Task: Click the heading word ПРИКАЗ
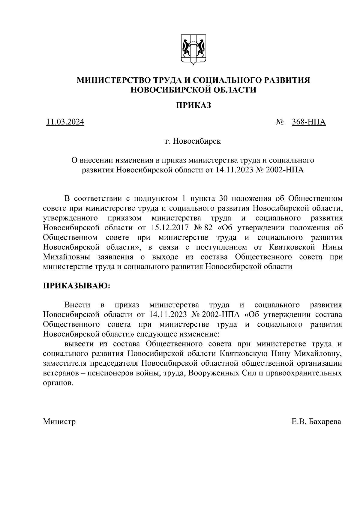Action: click(193, 105)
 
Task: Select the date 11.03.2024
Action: click(65, 122)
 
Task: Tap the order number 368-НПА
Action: click(309, 122)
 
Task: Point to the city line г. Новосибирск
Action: click(193, 141)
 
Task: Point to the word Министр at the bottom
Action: click(59, 421)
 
